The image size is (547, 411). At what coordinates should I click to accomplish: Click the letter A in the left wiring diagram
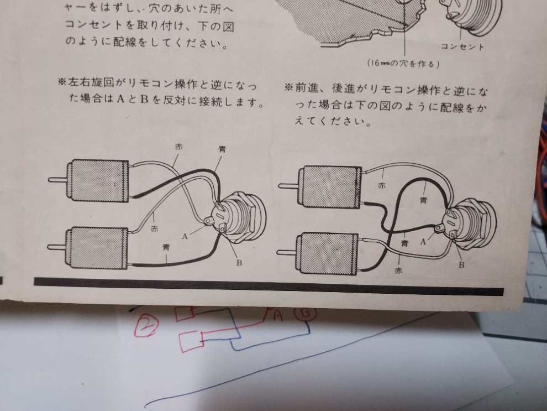point(185,236)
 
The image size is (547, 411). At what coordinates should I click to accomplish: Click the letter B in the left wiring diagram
point(239,263)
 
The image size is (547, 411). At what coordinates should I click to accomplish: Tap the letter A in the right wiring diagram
point(423,241)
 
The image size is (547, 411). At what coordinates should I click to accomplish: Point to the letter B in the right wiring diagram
point(461,265)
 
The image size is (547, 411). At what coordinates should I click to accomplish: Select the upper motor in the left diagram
point(100,180)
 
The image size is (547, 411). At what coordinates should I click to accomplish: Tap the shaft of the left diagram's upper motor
point(59,180)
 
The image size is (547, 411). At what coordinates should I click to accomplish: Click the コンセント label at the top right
point(462,46)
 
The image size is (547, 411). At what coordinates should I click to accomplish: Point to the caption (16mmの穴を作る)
point(403,64)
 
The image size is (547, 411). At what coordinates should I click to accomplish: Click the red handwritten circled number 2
point(146,325)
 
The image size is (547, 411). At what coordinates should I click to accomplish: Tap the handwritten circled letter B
point(306,313)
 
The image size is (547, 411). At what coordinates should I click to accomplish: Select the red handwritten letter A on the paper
point(278,315)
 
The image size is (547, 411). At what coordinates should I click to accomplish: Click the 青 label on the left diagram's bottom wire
point(166,248)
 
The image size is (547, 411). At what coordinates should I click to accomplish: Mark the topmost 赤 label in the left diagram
point(178,147)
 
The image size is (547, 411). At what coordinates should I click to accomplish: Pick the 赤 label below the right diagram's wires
point(398,270)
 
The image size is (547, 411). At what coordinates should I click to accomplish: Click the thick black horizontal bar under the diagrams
point(269,287)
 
